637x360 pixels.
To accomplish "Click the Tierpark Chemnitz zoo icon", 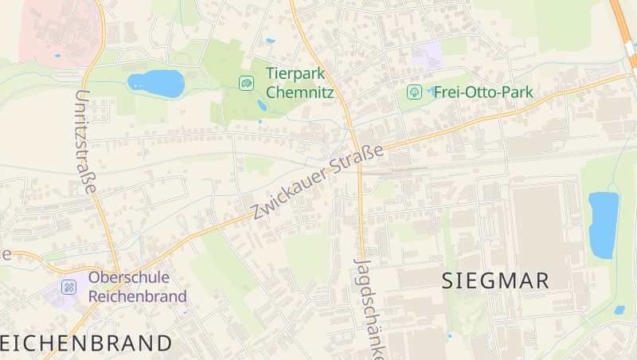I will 247,82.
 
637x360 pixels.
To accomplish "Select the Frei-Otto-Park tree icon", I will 414,92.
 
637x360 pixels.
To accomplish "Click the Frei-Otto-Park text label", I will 483,92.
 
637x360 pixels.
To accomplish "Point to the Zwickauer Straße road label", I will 317,182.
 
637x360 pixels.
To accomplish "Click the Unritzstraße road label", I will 84,141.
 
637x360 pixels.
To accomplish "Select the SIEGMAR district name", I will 495,280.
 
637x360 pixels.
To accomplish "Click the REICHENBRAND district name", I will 86,343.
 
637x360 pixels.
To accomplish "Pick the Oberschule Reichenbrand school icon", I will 70,286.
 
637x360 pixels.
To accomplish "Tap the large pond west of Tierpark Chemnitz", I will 156,82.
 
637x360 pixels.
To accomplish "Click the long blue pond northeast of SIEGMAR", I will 603,225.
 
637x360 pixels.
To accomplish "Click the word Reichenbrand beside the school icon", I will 137,296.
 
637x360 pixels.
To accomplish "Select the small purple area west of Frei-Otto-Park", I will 427,56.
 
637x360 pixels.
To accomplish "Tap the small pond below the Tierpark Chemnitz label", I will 262,106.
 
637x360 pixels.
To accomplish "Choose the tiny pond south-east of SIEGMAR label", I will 619,310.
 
